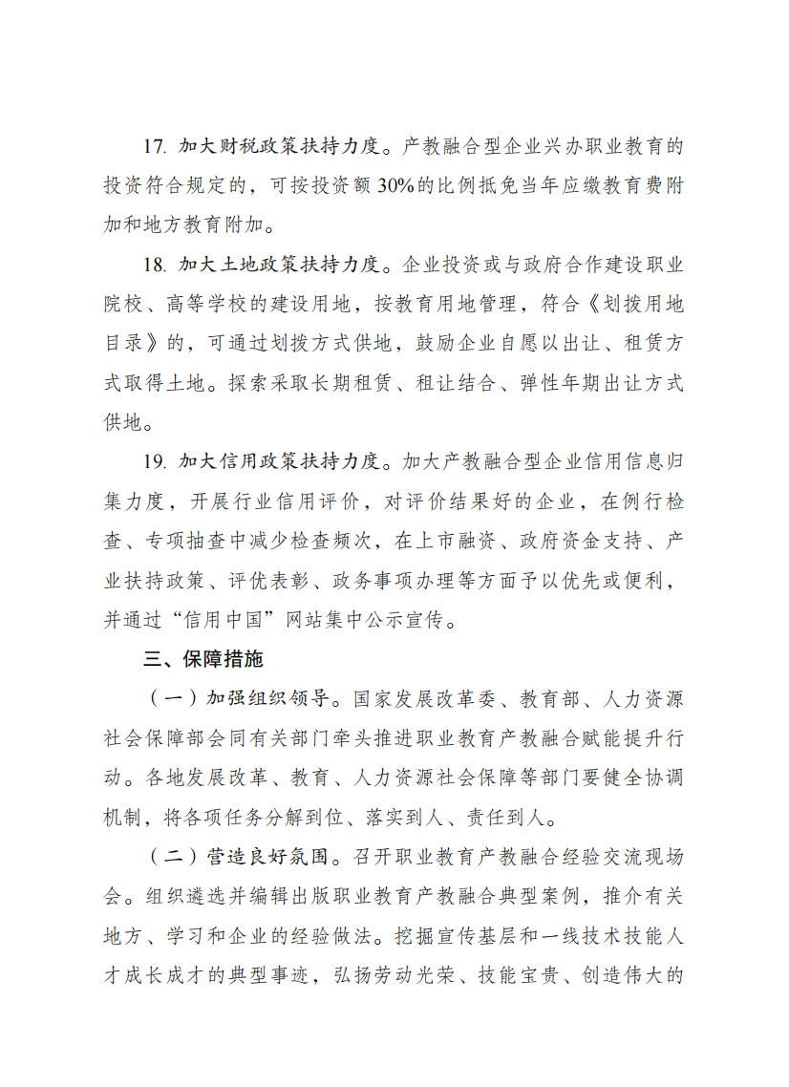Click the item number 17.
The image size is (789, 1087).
pyautogui.click(x=156, y=147)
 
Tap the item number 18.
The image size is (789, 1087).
pyautogui.click(x=156, y=264)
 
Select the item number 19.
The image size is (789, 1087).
pyautogui.click(x=156, y=462)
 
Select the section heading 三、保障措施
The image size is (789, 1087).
pyautogui.click(x=203, y=660)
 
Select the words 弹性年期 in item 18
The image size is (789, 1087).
pyautogui.click(x=542, y=383)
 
